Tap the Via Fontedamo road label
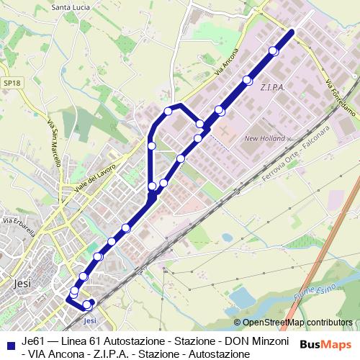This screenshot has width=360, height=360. (339, 97)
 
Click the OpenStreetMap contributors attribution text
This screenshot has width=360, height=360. (297, 323)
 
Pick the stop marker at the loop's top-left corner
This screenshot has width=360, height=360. (168, 111)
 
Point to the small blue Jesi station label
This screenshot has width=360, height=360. (90, 320)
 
